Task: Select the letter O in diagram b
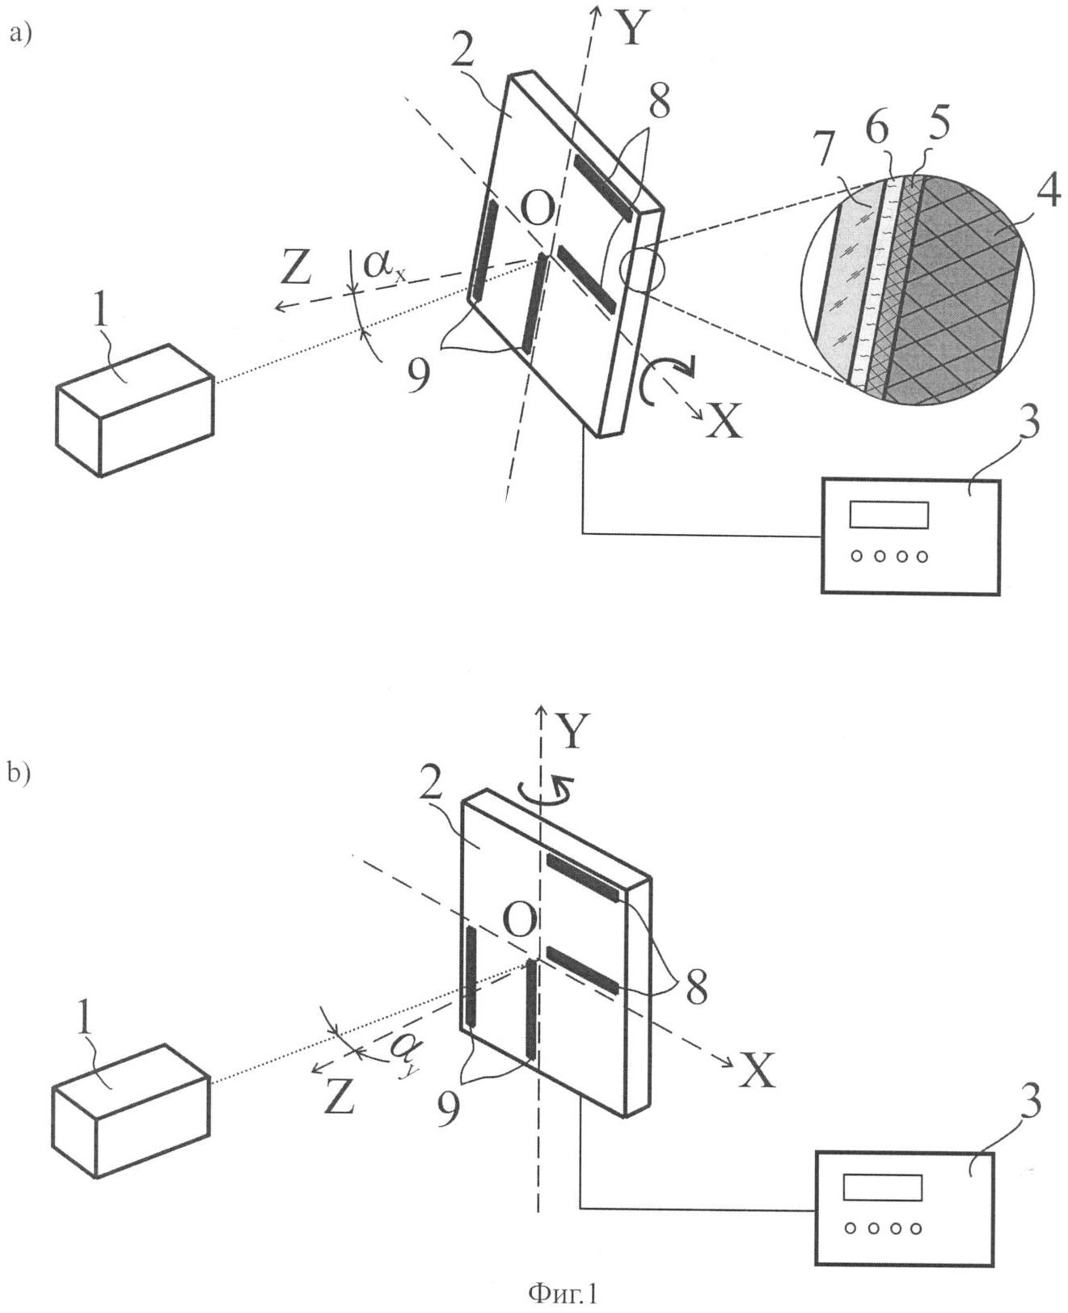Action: [518, 921]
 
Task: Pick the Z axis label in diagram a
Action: [295, 268]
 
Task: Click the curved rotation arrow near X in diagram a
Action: [665, 382]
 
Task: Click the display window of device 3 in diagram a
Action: [889, 515]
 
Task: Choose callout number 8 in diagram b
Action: [695, 988]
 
